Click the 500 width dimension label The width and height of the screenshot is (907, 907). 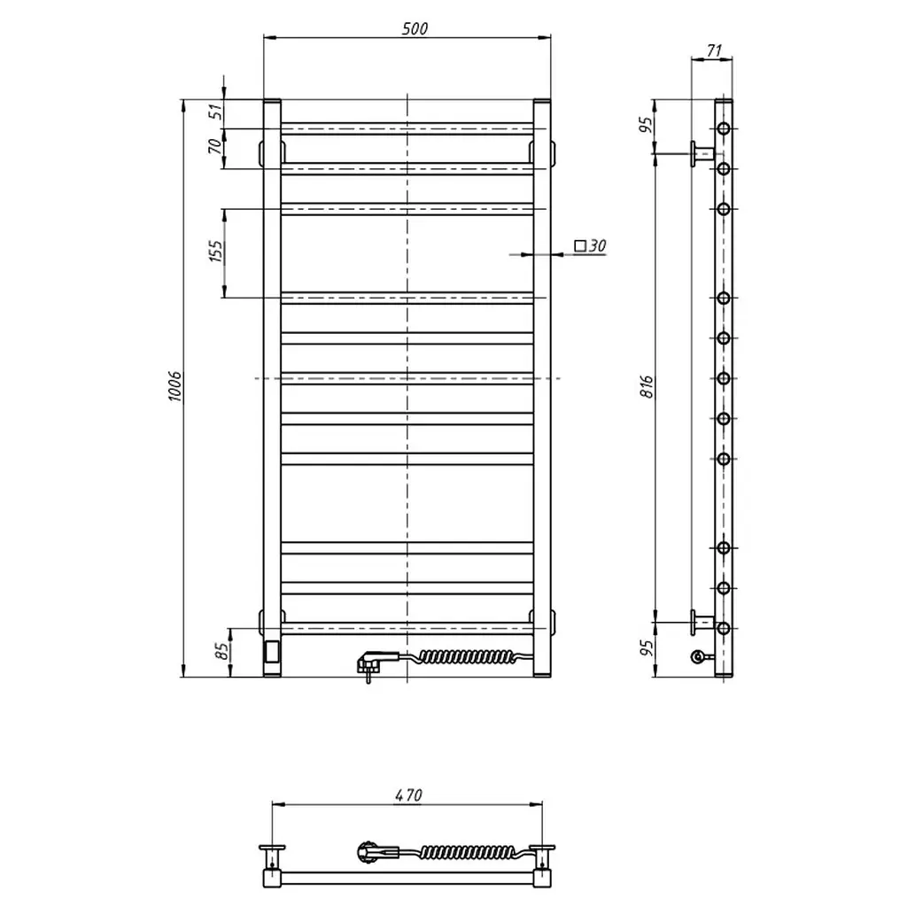pyautogui.click(x=415, y=28)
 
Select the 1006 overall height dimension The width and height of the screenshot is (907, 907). pyautogui.click(x=174, y=386)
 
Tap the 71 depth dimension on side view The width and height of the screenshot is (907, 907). pyautogui.click(x=715, y=50)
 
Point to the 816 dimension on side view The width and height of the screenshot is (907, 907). pyautogui.click(x=647, y=386)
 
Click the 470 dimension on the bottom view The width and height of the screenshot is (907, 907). pyautogui.click(x=408, y=795)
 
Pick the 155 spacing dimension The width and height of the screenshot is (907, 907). pyautogui.click(x=215, y=251)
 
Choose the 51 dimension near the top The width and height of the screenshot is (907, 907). pyautogui.click(x=215, y=111)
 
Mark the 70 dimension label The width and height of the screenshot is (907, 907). pyautogui.click(x=214, y=146)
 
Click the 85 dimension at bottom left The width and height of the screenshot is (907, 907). pyautogui.click(x=221, y=651)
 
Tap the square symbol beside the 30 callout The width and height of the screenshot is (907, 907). pyautogui.click(x=579, y=246)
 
